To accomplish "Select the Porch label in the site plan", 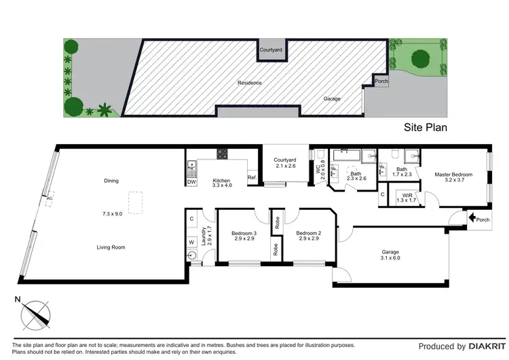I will coord(382,82).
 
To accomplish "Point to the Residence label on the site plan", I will coord(249,83).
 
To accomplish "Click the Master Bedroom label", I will coord(453,175).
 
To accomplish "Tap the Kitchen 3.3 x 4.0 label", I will coord(222,182).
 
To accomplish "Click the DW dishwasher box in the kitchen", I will coord(191,182).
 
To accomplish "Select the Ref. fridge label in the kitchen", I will coord(252,178).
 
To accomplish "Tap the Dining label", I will coord(111,181).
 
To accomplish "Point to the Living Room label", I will coord(110,247).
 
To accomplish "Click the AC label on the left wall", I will coord(49,198).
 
